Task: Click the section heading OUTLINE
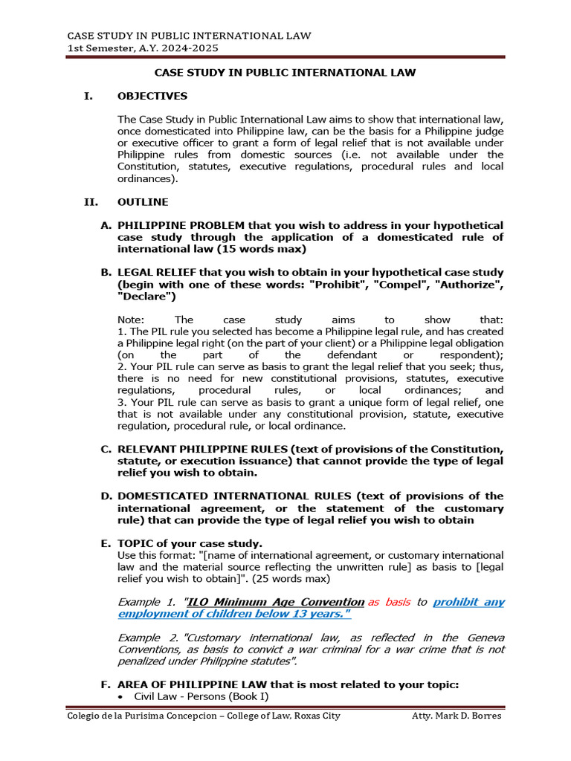pyautogui.click(x=143, y=201)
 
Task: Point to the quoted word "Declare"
pyautogui.click(x=146, y=297)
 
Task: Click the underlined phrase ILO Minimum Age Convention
pyautogui.click(x=275, y=602)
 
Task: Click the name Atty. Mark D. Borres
pyautogui.click(x=457, y=716)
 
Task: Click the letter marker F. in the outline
pyautogui.click(x=106, y=684)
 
